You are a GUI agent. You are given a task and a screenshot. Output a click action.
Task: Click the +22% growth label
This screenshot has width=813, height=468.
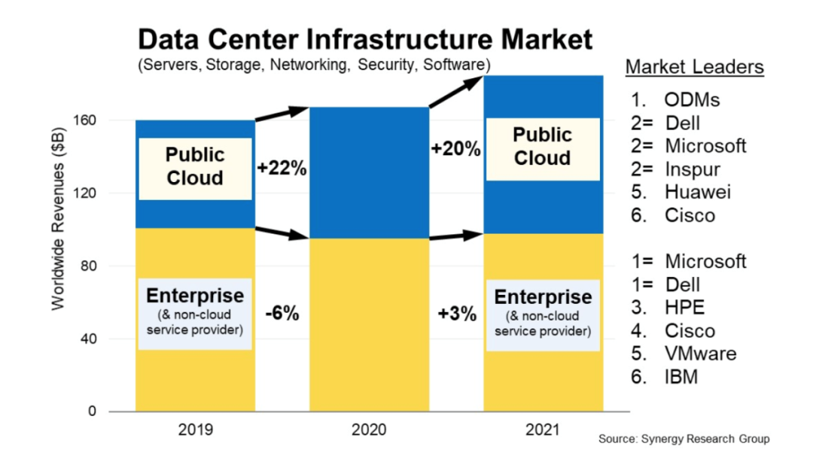(x=282, y=168)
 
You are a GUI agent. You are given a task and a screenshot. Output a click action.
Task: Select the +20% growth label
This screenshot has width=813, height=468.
(x=455, y=149)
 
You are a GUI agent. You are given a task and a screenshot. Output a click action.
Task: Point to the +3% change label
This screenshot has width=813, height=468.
(x=457, y=314)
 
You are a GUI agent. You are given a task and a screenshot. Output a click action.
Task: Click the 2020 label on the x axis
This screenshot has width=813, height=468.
(x=369, y=430)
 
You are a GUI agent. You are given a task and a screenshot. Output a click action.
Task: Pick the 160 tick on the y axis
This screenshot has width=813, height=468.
(x=89, y=120)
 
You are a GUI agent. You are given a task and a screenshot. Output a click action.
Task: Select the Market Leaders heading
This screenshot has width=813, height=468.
(x=694, y=67)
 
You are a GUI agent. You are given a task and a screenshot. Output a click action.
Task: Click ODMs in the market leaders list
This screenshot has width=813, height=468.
(x=692, y=100)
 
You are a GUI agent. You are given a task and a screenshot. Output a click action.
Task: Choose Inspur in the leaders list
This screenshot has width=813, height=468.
(x=692, y=169)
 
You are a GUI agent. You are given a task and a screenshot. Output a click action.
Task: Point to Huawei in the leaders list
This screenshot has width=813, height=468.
(x=697, y=192)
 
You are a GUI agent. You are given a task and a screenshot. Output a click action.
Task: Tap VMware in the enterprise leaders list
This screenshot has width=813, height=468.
(x=700, y=354)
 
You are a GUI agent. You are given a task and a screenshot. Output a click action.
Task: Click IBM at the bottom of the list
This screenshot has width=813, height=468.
(x=681, y=377)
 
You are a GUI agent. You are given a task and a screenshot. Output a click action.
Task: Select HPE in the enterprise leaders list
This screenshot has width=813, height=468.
(x=685, y=308)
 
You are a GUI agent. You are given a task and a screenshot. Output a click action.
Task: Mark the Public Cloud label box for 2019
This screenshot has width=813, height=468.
(x=195, y=167)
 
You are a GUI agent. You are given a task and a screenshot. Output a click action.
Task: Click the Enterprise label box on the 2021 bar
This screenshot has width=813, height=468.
(x=542, y=314)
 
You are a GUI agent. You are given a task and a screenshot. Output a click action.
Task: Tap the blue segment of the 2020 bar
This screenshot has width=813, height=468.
(x=369, y=173)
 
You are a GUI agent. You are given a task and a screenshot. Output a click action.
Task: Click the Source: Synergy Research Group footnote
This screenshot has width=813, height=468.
(x=684, y=439)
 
